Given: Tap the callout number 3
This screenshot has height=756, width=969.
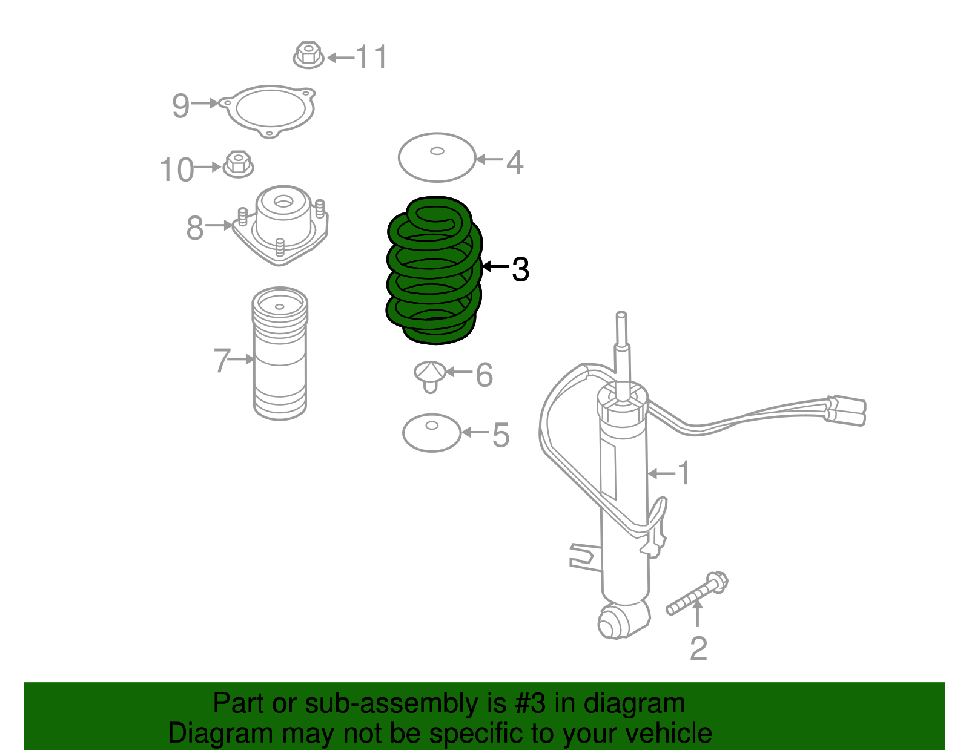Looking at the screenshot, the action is click(520, 269).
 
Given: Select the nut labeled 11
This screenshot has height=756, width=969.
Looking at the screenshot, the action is click(308, 55).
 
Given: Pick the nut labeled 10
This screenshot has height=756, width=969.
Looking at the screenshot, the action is click(238, 164).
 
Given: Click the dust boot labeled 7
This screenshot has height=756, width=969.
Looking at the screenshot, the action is click(280, 353).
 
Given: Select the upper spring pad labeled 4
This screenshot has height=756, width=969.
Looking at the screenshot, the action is click(437, 157).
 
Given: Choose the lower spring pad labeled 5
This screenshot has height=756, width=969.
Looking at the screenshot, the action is click(432, 433).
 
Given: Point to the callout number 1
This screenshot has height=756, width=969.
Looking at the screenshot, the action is click(684, 473).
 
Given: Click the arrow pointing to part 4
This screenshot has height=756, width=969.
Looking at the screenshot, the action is click(489, 159).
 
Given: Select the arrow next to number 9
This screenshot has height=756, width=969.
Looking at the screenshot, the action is click(205, 103).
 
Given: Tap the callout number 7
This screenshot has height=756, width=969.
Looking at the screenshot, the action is click(222, 360).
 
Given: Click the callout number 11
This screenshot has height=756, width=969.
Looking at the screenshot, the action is click(371, 56).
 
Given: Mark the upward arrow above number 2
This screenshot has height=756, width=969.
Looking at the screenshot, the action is click(698, 614).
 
